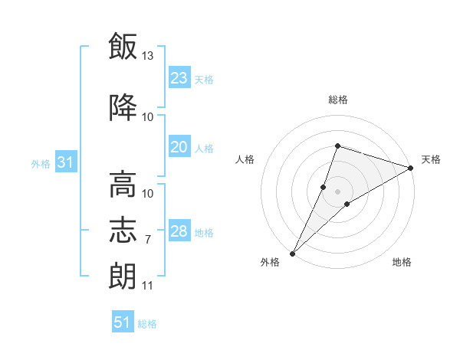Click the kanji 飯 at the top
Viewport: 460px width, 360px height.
tap(123, 46)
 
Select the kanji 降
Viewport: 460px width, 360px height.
tap(123, 107)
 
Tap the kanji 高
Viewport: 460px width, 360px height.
tap(123, 184)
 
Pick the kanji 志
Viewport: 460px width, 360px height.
tap(123, 230)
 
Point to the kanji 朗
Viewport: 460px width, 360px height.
tap(123, 276)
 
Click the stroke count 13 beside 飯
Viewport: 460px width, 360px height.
tap(147, 55)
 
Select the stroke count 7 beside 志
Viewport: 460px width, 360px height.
tap(148, 240)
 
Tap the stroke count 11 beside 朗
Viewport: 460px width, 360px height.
tap(147, 285)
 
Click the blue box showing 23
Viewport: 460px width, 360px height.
tap(179, 77)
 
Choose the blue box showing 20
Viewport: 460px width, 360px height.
tap(179, 146)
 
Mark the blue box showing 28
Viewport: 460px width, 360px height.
tap(179, 230)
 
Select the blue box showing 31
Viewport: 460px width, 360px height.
tap(66, 162)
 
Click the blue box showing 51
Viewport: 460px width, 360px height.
tap(123, 321)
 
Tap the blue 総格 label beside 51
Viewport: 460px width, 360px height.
tap(147, 324)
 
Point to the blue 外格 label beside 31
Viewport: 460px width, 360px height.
tap(41, 164)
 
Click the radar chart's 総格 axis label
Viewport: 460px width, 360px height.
tap(338, 100)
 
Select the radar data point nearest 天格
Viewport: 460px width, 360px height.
tap(411, 168)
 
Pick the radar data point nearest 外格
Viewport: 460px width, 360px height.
tap(293, 254)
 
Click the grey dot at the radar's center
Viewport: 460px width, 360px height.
tap(337, 191)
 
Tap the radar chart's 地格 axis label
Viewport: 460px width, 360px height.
tap(402, 262)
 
